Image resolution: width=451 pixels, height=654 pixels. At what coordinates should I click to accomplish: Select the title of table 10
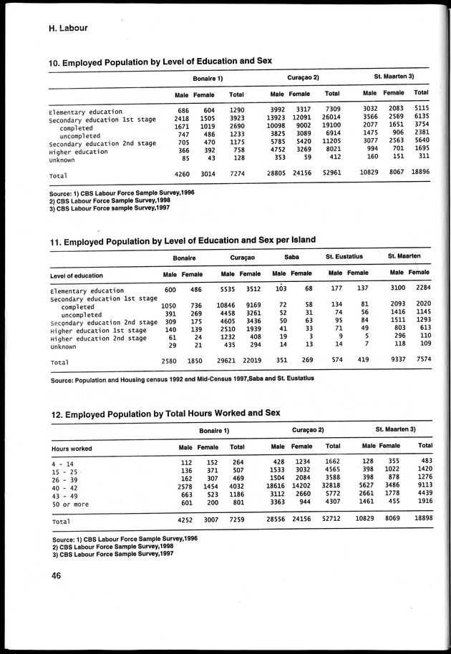pos(160,63)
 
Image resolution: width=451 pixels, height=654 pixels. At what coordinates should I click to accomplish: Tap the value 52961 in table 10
pos(331,173)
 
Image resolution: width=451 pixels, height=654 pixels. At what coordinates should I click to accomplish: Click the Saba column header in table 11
pos(291,255)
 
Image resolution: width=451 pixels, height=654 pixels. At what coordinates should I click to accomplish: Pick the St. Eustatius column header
pos(344,255)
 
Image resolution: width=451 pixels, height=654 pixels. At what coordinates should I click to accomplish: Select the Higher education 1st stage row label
pos(98,330)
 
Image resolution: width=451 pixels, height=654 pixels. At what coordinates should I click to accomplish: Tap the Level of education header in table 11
pos(77,275)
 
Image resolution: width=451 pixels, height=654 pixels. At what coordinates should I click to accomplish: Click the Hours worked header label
pos(72,449)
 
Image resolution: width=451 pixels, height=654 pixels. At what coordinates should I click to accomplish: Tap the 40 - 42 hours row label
pos(67,487)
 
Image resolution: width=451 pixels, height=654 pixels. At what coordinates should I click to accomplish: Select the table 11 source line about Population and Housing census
pos(182,381)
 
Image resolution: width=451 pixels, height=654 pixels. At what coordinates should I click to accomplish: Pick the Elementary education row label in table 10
pos(85,112)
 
